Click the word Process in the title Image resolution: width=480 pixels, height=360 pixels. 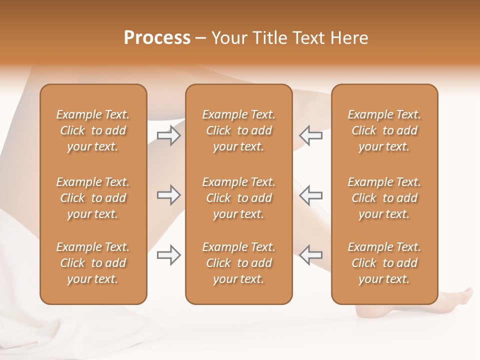pyautogui.click(x=157, y=38)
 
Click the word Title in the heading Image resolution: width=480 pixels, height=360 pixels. pyautogui.click(x=270, y=38)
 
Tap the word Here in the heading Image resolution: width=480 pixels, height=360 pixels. pyautogui.click(x=349, y=38)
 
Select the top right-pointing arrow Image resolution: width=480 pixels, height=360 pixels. pyautogui.click(x=169, y=135)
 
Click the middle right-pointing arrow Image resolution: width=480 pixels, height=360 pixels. pyautogui.click(x=169, y=195)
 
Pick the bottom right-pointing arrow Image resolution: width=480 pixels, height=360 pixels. pyautogui.click(x=169, y=255)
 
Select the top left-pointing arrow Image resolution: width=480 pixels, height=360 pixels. pyautogui.click(x=310, y=135)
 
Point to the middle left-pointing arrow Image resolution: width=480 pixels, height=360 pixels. pyautogui.click(x=310, y=193)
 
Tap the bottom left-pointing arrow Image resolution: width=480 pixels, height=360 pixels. pyautogui.click(x=310, y=255)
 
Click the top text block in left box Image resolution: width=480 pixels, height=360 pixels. pyautogui.click(x=93, y=130)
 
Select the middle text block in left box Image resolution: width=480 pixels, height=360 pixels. pyautogui.click(x=93, y=198)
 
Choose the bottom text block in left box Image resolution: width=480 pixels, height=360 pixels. pyautogui.click(x=93, y=263)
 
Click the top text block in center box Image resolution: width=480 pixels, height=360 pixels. pyautogui.click(x=238, y=130)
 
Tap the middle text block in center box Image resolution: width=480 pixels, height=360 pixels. pyautogui.click(x=238, y=198)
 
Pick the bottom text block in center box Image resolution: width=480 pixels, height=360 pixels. pyautogui.click(x=238, y=263)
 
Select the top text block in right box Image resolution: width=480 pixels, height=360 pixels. pyautogui.click(x=384, y=130)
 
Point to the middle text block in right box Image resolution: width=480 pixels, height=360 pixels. pyautogui.click(x=384, y=198)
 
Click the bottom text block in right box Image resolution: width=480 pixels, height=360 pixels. pyautogui.click(x=384, y=263)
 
